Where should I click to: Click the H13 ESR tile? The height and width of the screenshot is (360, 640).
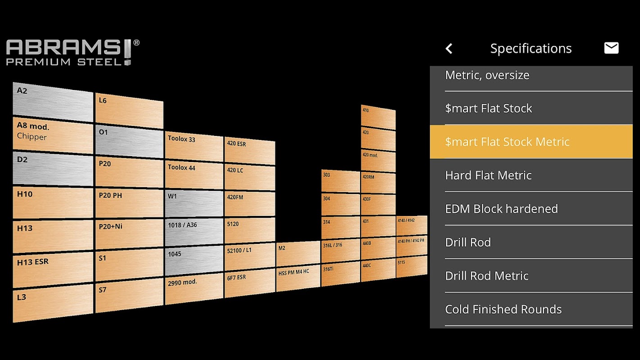coord(53,269)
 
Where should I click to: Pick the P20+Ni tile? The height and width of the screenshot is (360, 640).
coord(129,233)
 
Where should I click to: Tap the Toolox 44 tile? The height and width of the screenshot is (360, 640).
coord(194,175)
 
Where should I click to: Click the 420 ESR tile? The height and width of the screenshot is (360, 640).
coord(249,151)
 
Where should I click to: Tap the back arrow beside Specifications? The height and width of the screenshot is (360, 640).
coord(449,49)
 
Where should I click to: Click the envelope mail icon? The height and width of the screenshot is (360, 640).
coord(611,48)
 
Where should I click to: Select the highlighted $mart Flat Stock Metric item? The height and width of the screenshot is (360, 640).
coord(531,142)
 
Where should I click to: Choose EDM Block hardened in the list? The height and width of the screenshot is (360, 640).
coord(531,209)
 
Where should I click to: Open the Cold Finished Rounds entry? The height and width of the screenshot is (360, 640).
coord(531,310)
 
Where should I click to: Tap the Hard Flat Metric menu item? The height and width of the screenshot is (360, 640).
coord(531,175)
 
